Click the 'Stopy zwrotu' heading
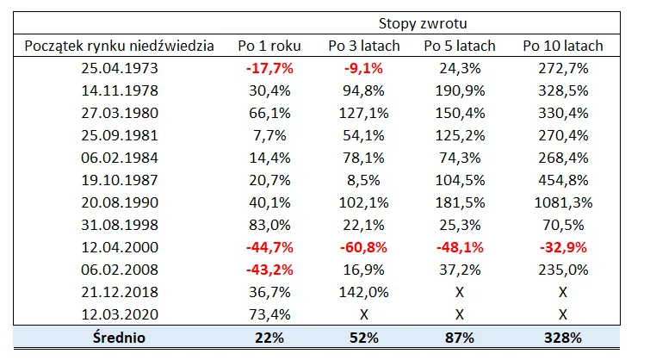pyautogui.click(x=423, y=23)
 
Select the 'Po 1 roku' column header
pyautogui.click(x=269, y=46)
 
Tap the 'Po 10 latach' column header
pyautogui.click(x=563, y=46)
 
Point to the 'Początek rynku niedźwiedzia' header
pyautogui.click(x=120, y=46)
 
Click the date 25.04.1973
pyautogui.click(x=120, y=68)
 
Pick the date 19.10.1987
pyautogui.click(x=120, y=180)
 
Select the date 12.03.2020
pyautogui.click(x=120, y=314)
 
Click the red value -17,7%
pyautogui.click(x=269, y=68)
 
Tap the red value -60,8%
pyautogui.click(x=363, y=247)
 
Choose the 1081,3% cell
pyautogui.click(x=563, y=202)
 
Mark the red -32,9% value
pyautogui.click(x=563, y=247)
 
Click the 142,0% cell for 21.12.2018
pyautogui.click(x=363, y=292)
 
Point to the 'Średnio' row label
pyautogui.click(x=119, y=338)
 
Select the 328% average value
pyautogui.click(x=563, y=338)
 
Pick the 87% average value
pyautogui.click(x=460, y=338)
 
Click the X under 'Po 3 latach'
pyautogui.click(x=363, y=315)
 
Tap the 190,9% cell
pyautogui.click(x=460, y=90)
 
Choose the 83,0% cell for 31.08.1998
pyautogui.click(x=269, y=225)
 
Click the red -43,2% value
pyautogui.click(x=269, y=270)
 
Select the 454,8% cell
pyautogui.click(x=563, y=180)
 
